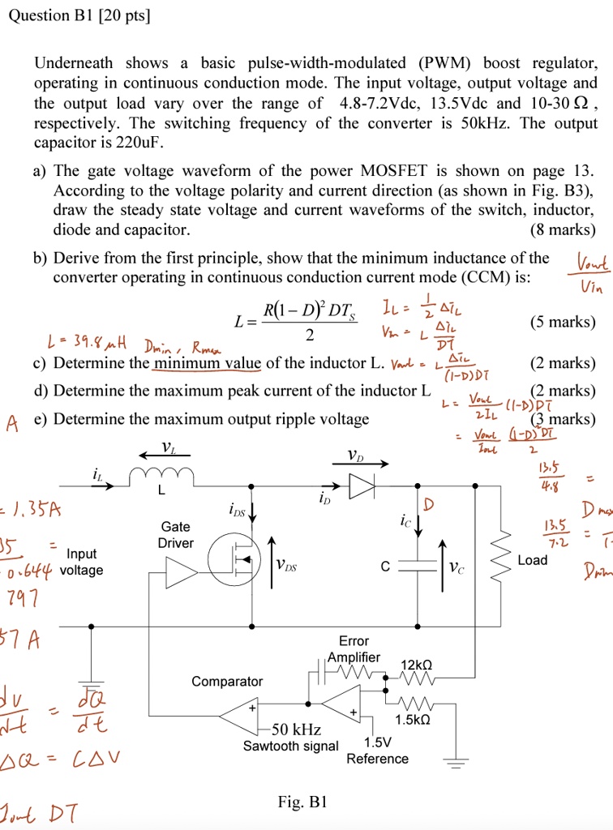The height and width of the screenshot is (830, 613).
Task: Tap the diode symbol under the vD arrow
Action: click(x=362, y=486)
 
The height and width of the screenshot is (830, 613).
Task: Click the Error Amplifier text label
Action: click(x=354, y=648)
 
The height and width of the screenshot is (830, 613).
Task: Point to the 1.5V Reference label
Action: click(x=378, y=751)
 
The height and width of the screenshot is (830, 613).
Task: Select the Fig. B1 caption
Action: click(x=302, y=802)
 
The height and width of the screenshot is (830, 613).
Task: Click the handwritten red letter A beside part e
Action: click(x=11, y=423)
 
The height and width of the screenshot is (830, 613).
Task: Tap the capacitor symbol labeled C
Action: click(x=418, y=568)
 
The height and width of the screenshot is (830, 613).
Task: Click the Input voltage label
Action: click(x=84, y=562)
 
